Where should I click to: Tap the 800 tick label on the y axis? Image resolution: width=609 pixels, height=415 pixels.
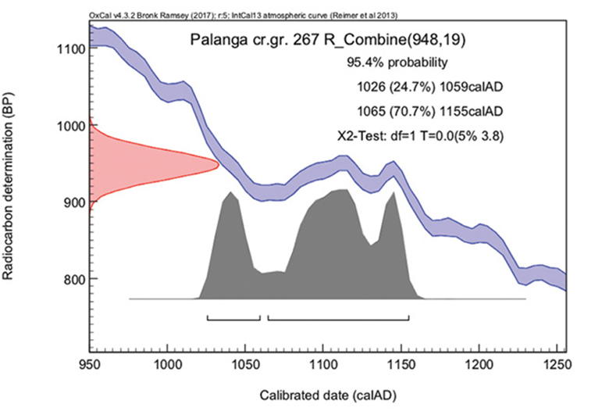click(71, 279)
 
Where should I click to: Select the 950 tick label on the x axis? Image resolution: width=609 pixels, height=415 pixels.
click(90, 363)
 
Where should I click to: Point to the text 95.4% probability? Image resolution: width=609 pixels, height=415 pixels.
click(397, 62)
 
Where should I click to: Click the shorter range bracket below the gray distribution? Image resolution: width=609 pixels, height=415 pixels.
click(233, 319)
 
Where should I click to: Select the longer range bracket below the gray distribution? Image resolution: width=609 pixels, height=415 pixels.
click(338, 319)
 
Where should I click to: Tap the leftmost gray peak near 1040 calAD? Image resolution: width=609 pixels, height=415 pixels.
click(230, 192)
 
